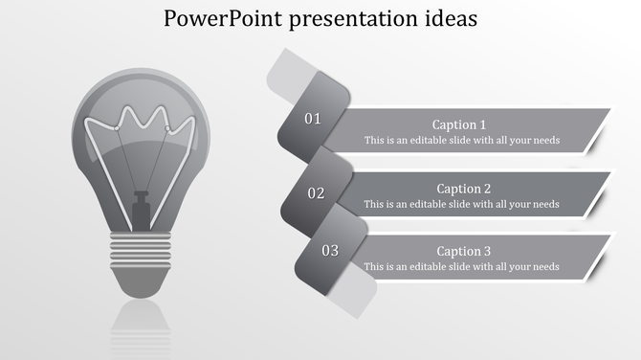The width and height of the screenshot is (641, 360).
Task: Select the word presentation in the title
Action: click(346, 18)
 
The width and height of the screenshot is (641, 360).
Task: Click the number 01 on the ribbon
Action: click(313, 119)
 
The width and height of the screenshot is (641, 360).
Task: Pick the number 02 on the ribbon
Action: click(316, 193)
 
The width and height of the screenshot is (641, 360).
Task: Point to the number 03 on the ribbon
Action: click(330, 251)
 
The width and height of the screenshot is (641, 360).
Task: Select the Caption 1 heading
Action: click(459, 124)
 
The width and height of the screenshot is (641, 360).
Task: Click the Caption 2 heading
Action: click(464, 189)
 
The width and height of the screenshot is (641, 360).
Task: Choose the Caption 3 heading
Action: click(464, 252)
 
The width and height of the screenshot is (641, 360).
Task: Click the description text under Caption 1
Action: click(461, 141)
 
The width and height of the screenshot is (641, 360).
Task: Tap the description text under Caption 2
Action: click(461, 204)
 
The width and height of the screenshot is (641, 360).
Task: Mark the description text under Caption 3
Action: click(461, 267)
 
